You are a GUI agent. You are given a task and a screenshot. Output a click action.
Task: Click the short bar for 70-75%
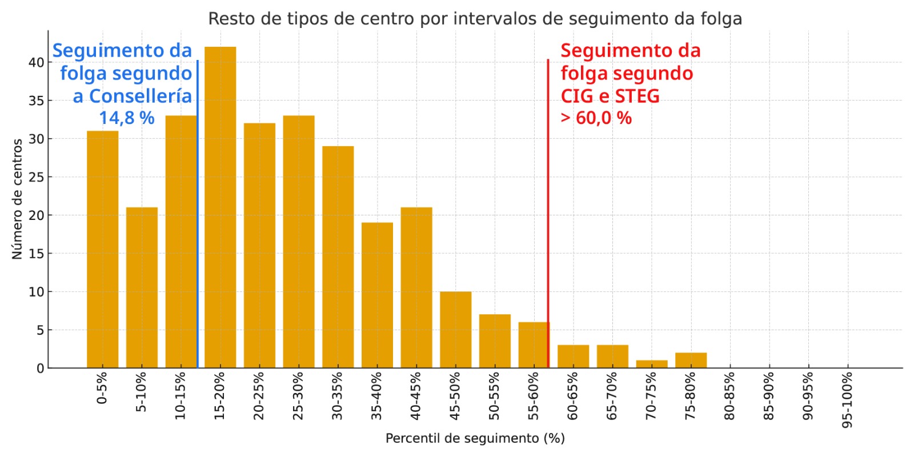652,364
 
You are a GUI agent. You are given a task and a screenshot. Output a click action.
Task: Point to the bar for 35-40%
377,295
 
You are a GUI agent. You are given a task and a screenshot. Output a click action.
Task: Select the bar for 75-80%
691,360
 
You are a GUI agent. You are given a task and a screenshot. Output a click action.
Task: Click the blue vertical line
198,228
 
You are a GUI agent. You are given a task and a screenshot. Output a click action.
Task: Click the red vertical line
548,228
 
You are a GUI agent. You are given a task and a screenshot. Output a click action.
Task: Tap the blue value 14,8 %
127,118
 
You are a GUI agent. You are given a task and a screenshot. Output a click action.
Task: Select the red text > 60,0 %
596,118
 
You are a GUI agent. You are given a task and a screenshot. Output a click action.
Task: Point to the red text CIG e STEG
610,96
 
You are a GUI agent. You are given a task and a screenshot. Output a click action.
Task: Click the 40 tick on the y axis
37,62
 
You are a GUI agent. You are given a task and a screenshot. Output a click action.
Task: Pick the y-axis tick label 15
37,254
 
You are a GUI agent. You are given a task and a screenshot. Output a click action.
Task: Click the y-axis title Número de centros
17,199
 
